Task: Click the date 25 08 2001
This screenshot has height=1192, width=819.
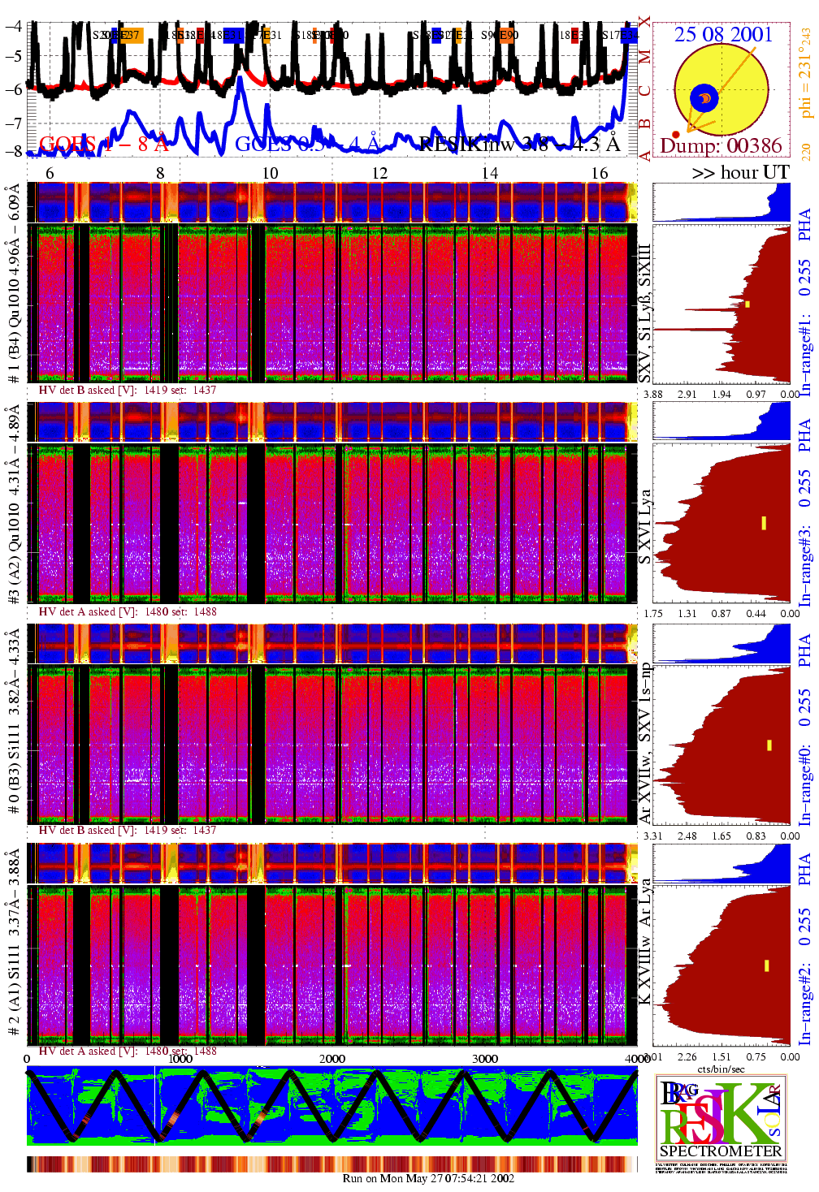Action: pyautogui.click(x=723, y=34)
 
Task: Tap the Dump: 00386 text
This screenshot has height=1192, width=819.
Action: pyautogui.click(x=721, y=146)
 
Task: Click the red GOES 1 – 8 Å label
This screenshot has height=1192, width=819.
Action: pyautogui.click(x=103, y=145)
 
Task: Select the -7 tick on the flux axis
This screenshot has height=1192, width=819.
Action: pyautogui.click(x=13, y=123)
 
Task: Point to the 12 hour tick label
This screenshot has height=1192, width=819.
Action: pyautogui.click(x=379, y=173)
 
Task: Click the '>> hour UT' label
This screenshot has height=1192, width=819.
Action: pyautogui.click(x=740, y=172)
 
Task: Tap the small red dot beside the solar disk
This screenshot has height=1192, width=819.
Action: pyautogui.click(x=676, y=135)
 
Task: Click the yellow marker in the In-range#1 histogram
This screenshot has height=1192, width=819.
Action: pyautogui.click(x=747, y=304)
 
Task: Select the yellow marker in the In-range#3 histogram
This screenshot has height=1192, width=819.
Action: pyautogui.click(x=764, y=523)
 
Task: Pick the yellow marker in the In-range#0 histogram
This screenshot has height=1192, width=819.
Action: pyautogui.click(x=769, y=745)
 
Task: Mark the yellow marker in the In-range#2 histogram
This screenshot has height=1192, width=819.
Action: pyautogui.click(x=766, y=965)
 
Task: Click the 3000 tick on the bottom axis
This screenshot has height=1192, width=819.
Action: pyautogui.click(x=485, y=1058)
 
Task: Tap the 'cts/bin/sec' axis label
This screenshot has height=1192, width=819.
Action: pyautogui.click(x=721, y=1069)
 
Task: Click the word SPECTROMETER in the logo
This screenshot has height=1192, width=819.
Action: pyautogui.click(x=721, y=1151)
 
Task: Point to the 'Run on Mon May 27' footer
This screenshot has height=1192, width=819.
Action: pyautogui.click(x=428, y=1178)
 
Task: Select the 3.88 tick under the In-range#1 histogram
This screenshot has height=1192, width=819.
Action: pyautogui.click(x=653, y=394)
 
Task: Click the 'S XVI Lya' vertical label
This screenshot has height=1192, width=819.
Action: pyautogui.click(x=644, y=526)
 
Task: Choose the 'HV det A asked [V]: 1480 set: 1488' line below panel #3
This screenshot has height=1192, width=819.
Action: pyautogui.click(x=128, y=611)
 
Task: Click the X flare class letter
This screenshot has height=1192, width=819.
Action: pyautogui.click(x=644, y=23)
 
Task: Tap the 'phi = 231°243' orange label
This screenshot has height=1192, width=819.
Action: pyautogui.click(x=805, y=73)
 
